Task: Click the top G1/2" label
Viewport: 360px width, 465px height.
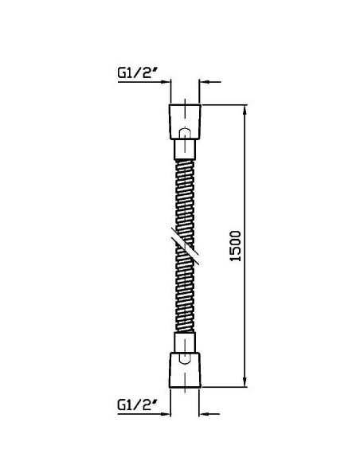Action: tap(137, 72)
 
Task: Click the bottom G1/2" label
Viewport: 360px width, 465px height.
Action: tap(137, 404)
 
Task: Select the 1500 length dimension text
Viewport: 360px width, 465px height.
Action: tap(236, 246)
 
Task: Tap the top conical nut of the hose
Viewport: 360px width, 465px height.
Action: tap(185, 122)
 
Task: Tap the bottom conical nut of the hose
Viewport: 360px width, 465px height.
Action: tap(185, 370)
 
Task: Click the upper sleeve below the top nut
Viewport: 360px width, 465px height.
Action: tap(185, 150)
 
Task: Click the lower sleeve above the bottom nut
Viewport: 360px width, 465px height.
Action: tap(185, 342)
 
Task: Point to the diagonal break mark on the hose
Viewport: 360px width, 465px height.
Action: tap(185, 246)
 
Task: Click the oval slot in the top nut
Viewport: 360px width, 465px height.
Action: tap(185, 134)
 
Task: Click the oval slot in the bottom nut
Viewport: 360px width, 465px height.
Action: tap(185, 358)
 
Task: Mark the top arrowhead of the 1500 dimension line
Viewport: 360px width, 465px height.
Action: tap(245, 109)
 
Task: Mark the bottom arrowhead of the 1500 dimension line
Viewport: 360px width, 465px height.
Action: tap(245, 382)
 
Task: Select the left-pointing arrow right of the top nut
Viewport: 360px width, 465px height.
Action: tap(210, 81)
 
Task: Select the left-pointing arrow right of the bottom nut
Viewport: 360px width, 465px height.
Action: tap(209, 414)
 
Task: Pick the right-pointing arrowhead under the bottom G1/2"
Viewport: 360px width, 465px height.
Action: tap(166, 414)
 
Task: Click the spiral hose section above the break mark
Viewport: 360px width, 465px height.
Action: tap(185, 199)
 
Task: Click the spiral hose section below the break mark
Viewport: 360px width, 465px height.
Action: tap(185, 294)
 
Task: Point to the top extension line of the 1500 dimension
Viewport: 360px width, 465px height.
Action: tap(224, 104)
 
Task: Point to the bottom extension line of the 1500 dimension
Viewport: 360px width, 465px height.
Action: tap(224, 387)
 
